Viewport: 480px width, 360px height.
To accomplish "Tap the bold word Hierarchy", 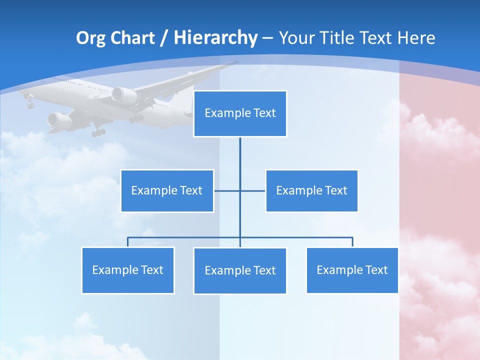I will [215, 38].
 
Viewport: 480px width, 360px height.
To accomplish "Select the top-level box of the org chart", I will [240, 113].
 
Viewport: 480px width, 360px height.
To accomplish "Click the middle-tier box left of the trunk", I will [167, 191].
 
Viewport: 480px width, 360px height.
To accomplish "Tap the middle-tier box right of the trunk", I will [311, 191].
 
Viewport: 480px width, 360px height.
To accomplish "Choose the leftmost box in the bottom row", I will [128, 270].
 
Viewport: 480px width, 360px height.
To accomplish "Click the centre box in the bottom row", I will [240, 271].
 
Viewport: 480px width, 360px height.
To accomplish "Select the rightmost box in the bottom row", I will [352, 270].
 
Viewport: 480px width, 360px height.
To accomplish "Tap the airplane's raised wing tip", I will [234, 63].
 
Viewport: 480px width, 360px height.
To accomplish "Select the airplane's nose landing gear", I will [30, 104].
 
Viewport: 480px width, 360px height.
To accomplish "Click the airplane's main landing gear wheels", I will [98, 132].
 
